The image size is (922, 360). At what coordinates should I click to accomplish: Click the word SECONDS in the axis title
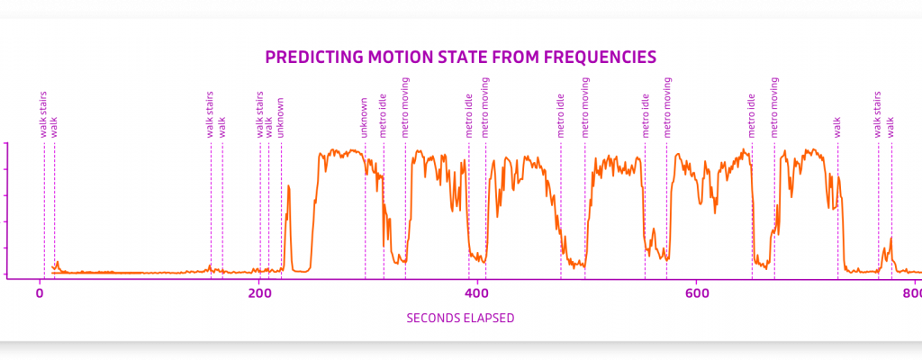pos(432,318)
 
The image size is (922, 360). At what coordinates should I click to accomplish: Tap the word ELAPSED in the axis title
pos(487,318)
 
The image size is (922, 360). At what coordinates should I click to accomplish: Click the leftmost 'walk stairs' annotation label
pos(43,114)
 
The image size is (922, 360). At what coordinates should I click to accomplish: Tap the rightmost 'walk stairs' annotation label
pos(878,114)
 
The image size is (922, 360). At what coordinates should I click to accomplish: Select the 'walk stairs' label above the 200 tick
pos(260,114)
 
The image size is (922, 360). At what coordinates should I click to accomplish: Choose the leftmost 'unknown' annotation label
pos(281,118)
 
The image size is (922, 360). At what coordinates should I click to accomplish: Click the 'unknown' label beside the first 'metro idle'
pos(365,118)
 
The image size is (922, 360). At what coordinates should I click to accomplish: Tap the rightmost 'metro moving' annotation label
pos(774,107)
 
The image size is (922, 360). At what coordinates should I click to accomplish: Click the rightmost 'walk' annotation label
pos(891,127)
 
